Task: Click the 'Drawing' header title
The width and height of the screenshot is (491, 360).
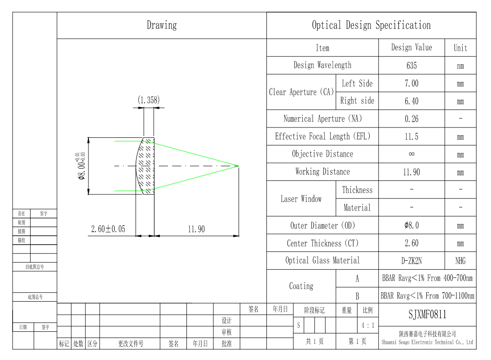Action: tap(162, 25)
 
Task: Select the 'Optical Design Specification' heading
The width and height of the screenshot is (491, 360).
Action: tap(371, 25)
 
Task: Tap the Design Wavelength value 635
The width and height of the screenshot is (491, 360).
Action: tap(411, 66)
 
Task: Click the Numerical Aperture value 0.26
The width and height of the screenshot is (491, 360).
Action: tap(411, 119)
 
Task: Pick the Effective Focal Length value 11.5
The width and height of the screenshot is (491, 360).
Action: tap(411, 137)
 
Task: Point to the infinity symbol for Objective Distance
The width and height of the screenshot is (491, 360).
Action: tap(411, 154)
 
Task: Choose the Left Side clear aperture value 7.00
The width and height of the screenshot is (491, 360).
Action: tap(411, 83)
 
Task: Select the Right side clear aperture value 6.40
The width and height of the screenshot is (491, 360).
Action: tap(411, 101)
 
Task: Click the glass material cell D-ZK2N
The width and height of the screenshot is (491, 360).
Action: tap(411, 261)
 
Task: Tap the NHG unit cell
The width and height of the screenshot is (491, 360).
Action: tap(460, 261)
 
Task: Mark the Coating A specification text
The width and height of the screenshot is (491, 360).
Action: tap(427, 278)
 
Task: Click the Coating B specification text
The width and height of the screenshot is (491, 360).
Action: tap(427, 296)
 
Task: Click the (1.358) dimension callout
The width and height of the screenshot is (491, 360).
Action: tap(148, 100)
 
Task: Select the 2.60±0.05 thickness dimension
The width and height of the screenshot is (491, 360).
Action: tap(108, 229)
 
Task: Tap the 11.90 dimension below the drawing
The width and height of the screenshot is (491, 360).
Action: tap(196, 229)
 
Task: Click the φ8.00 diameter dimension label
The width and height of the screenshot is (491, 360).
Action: tap(81, 166)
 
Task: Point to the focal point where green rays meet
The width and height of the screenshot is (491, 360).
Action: tap(238, 166)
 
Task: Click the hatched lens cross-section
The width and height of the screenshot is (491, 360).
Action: tap(146, 166)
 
